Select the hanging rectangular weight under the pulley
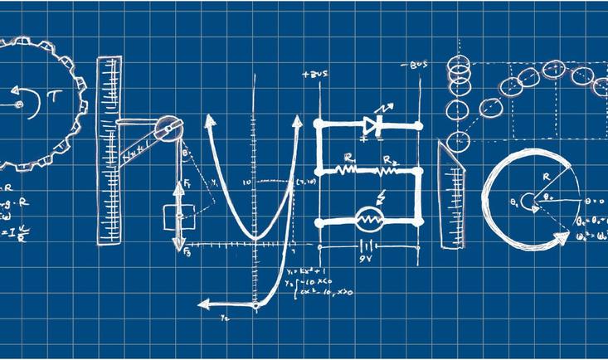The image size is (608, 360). (x=177, y=218)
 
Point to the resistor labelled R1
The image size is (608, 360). (x=347, y=169)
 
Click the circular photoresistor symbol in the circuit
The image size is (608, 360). (x=367, y=220)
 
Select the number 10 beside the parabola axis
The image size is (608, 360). (x=246, y=182)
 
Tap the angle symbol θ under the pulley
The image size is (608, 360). (x=184, y=153)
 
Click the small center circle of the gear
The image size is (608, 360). (x=17, y=105)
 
